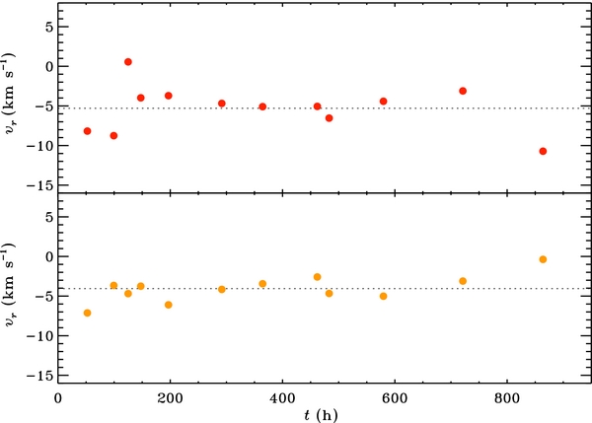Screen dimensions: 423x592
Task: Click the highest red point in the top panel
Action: coord(128,62)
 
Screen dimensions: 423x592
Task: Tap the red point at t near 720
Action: coord(463,91)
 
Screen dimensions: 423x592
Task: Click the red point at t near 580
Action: coord(383,102)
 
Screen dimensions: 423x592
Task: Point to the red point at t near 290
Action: coord(222,104)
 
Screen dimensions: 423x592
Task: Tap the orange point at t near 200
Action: coord(169,305)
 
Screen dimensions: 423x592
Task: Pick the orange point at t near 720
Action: coord(463,281)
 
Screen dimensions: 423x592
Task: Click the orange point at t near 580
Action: coord(383,296)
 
